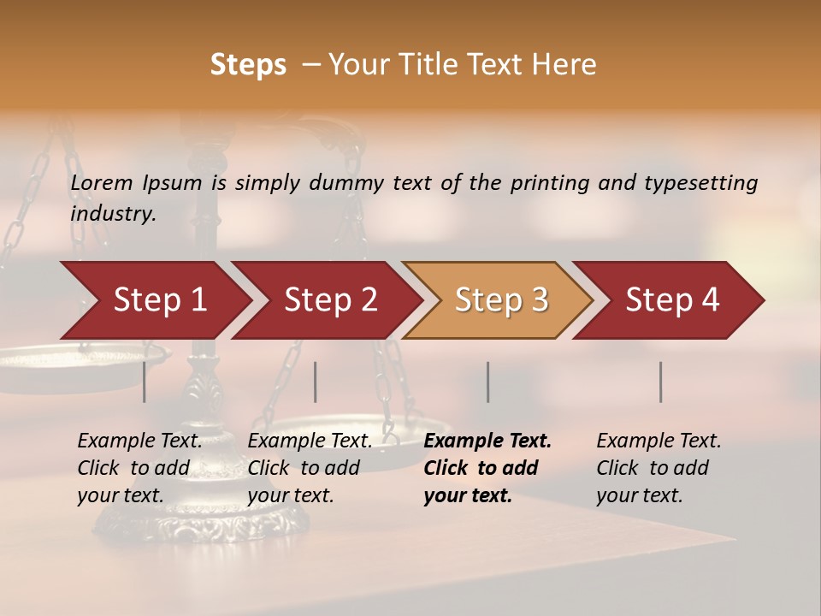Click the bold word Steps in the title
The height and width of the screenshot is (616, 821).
click(x=248, y=65)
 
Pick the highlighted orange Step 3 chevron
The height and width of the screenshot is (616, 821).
click(x=501, y=300)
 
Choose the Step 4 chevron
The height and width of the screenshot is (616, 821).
click(x=672, y=300)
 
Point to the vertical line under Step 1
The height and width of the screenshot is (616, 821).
click(x=145, y=382)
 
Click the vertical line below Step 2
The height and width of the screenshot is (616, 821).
click(x=316, y=382)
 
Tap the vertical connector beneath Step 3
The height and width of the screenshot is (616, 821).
click(x=488, y=382)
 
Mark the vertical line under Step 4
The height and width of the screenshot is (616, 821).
click(x=661, y=382)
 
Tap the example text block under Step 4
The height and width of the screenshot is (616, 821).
click(x=659, y=468)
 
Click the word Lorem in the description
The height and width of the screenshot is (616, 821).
click(x=102, y=182)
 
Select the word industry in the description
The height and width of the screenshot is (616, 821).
click(x=112, y=214)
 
